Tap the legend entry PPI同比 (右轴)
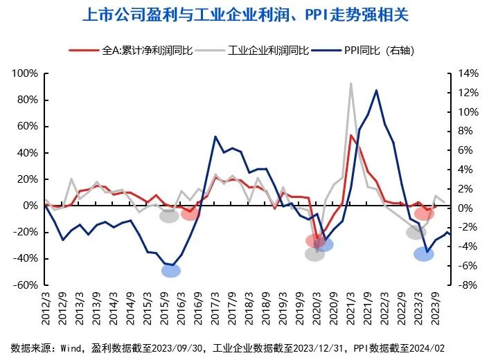(x=378, y=51)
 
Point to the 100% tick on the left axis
(x=26, y=73)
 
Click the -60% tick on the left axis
(x=26, y=285)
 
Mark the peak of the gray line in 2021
(x=351, y=84)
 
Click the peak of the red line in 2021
(x=352, y=136)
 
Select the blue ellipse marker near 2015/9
(x=171, y=270)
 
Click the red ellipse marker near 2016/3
(x=190, y=215)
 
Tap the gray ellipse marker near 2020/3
(x=314, y=254)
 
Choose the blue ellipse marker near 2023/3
(x=424, y=254)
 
